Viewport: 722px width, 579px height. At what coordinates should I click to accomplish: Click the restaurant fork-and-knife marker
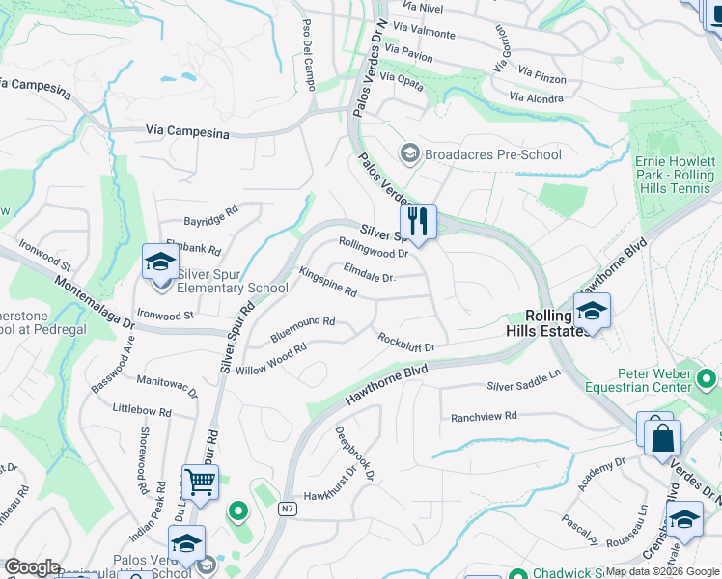click(418, 222)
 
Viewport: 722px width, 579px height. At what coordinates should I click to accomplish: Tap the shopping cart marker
click(200, 482)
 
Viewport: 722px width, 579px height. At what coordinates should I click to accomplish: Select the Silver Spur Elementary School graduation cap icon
click(160, 262)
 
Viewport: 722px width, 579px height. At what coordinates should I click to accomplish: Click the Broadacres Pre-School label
click(492, 154)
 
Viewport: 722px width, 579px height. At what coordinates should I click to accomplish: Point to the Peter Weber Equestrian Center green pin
click(707, 379)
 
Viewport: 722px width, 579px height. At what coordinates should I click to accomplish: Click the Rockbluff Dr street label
click(406, 342)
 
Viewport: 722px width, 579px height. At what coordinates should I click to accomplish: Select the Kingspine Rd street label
click(328, 283)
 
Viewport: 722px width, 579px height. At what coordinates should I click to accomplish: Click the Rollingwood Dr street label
click(374, 248)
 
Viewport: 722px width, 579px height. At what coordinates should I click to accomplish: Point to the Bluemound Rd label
click(302, 321)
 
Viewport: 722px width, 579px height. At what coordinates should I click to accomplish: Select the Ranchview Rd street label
click(485, 417)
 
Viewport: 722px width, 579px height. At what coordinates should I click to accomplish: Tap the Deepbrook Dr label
click(354, 454)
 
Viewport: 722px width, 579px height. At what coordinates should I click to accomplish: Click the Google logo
click(32, 567)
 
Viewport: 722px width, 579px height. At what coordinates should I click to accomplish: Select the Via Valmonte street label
click(425, 33)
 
